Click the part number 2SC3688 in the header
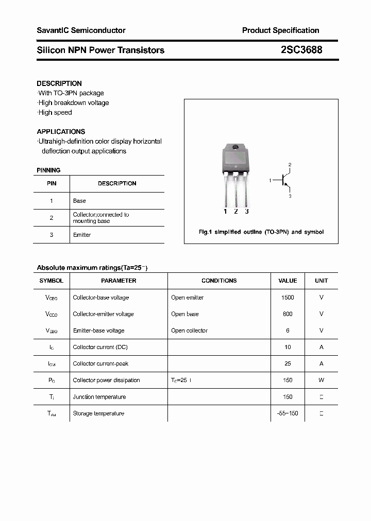pos(301,50)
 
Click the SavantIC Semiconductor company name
pos(81,30)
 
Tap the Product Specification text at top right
pos(280,30)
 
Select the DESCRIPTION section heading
pos(59,83)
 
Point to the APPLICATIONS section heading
pos(61,131)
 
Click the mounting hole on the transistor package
pos(235,149)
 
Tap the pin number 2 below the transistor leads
pos(236,211)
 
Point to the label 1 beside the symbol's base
pos(270,181)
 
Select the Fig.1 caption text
pos(261,232)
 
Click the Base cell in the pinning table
pos(79,201)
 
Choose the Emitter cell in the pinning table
pos(82,235)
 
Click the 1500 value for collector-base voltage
pos(288,298)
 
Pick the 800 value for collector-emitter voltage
pos(288,314)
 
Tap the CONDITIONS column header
pos(219,281)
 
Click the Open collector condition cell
pos(189,331)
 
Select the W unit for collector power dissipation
pos(321,380)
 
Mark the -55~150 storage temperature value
pos(288,413)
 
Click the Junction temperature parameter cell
pos(99,397)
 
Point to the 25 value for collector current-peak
pos(288,363)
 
